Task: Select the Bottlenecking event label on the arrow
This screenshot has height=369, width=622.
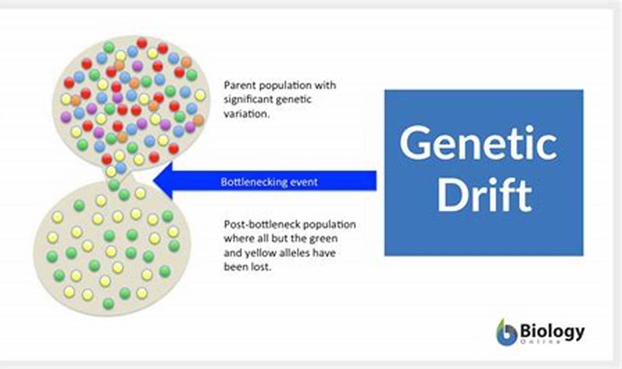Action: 269,182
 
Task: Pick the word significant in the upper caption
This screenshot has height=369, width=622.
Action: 248,100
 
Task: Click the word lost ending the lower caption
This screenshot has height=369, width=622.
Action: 260,267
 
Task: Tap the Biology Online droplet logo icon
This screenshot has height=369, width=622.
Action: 506,332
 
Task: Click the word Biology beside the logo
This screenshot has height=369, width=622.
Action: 552,332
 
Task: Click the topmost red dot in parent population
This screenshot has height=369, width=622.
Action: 141,43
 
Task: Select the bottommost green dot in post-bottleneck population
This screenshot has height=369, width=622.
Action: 108,303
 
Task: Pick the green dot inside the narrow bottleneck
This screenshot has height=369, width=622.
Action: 114,184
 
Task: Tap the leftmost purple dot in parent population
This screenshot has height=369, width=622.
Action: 66,117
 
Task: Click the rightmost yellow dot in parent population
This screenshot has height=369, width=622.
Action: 200,95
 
